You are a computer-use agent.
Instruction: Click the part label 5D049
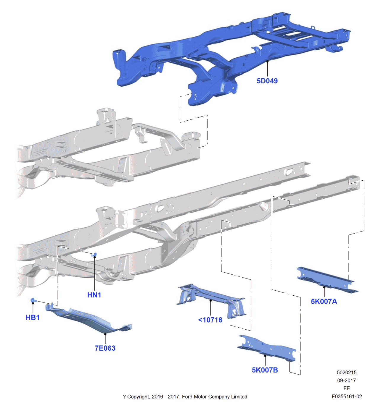click(x=267, y=81)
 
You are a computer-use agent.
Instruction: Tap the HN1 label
click(x=94, y=295)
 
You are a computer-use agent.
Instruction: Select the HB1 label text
click(x=33, y=318)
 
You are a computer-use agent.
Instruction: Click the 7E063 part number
click(x=105, y=348)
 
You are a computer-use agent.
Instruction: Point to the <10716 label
click(x=210, y=320)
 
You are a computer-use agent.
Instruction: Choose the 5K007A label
click(x=324, y=302)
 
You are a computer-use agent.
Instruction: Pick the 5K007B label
click(x=265, y=370)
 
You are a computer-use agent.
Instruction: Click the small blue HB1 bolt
click(x=33, y=301)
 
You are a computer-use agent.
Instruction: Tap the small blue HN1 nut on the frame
click(x=95, y=255)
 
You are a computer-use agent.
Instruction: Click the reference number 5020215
click(x=347, y=373)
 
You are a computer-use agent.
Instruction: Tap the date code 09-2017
click(x=347, y=381)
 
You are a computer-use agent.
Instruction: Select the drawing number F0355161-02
click(x=347, y=396)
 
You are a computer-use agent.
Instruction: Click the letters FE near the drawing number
click(x=347, y=388)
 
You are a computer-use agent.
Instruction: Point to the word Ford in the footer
click(x=188, y=397)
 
